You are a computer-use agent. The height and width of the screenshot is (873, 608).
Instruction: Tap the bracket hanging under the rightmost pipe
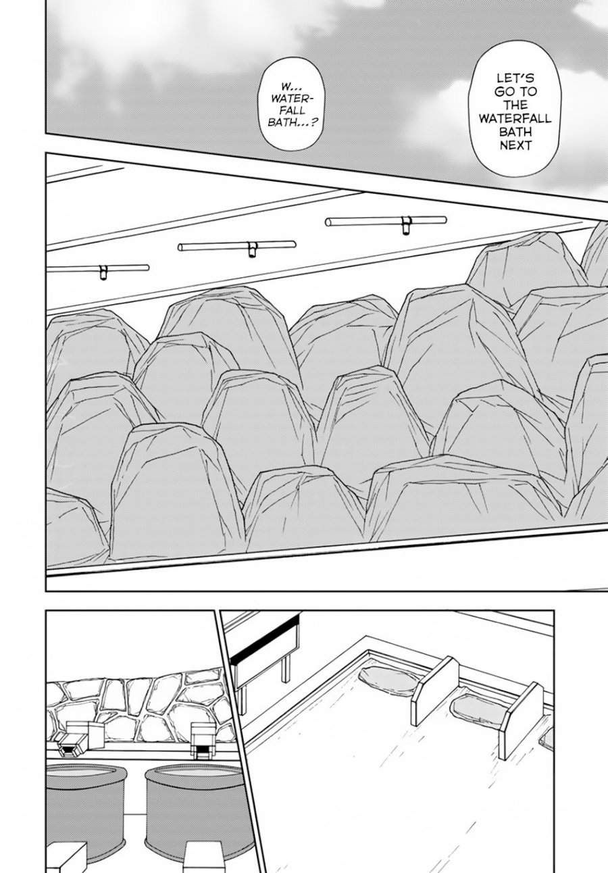(405, 226)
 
